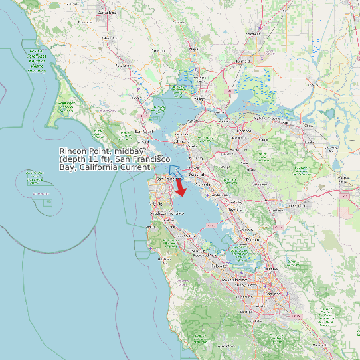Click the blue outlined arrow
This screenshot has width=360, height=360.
pyautogui.click(x=175, y=172)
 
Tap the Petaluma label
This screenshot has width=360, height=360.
pyautogui.click(x=159, y=50)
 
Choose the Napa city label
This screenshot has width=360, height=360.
pyautogui.click(x=193, y=48)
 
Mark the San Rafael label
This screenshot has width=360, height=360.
pyautogui.click(x=144, y=132)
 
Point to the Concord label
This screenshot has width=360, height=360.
pyautogui.click(x=244, y=131)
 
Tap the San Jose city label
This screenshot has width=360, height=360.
pyautogui.click(x=271, y=292)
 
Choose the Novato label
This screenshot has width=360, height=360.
pyautogui.click(x=140, y=98)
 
